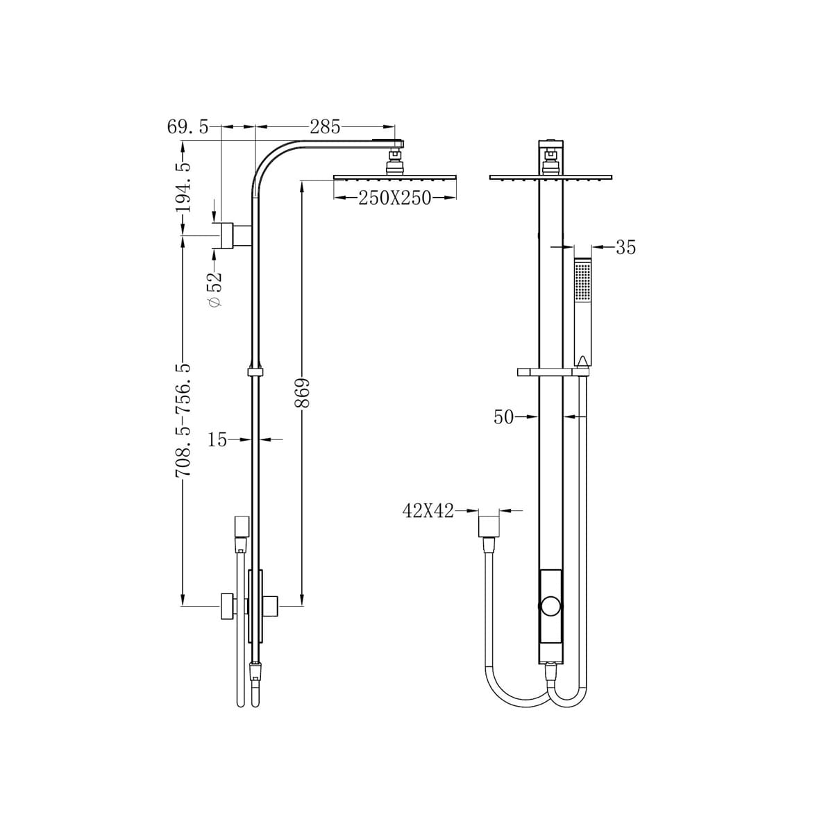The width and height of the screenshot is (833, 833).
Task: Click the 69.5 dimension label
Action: click(187, 127)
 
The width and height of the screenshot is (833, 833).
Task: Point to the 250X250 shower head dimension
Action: click(395, 198)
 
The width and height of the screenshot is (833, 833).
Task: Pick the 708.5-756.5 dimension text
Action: click(183, 420)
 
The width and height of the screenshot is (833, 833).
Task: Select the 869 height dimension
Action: click(302, 393)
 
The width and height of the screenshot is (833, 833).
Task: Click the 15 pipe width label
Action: click(217, 439)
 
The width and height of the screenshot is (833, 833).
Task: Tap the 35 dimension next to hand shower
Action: click(625, 247)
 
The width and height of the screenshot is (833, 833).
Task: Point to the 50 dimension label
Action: click(503, 417)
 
